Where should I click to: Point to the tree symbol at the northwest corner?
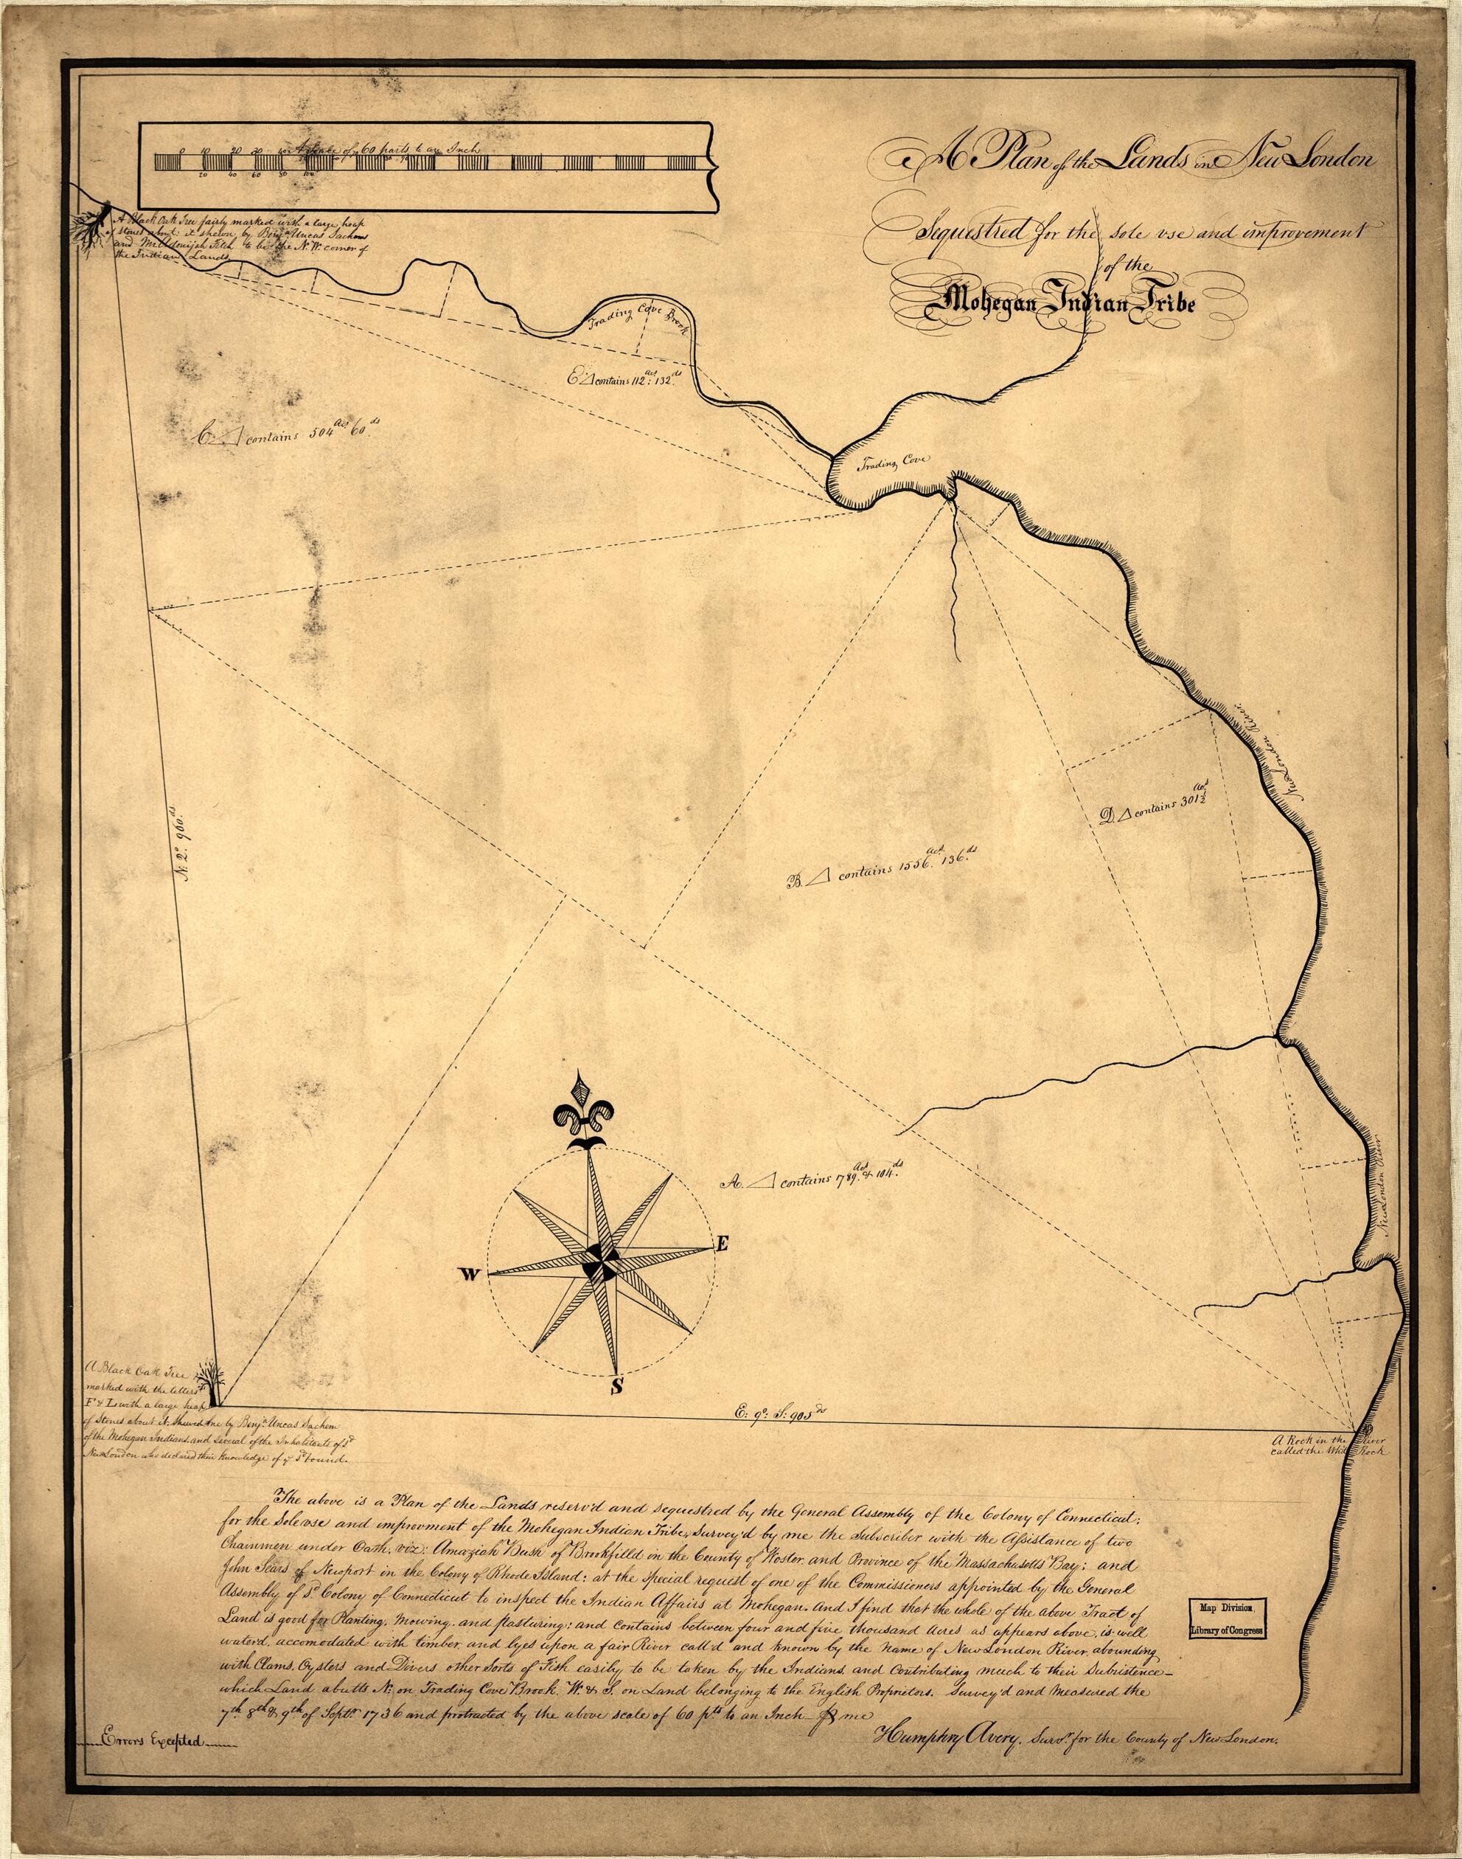(x=102, y=217)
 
